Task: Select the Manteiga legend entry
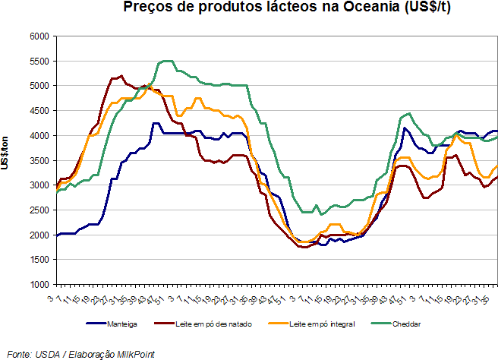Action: (122, 324)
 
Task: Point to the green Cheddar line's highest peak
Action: (167, 61)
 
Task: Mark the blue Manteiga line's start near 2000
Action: (58, 235)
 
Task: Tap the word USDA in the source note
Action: (43, 353)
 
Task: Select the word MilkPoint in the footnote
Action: (134, 353)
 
